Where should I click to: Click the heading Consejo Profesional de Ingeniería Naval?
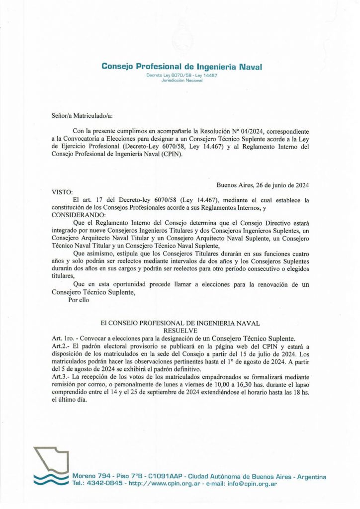pos(181,66)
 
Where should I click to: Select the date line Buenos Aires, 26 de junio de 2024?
pos(263,185)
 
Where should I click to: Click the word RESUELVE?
pos(180,330)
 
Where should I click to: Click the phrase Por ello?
pos(79,300)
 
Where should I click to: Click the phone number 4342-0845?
pos(105,483)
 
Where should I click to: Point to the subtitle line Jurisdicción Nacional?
pos(182,80)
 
